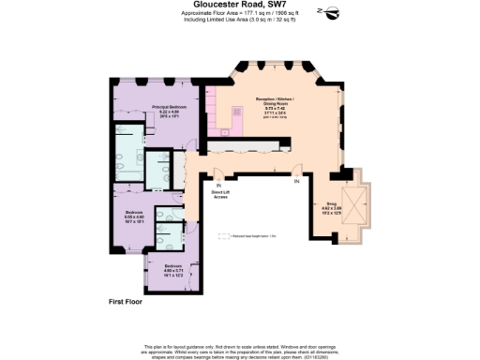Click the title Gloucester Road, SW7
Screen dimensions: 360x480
coord(239,4)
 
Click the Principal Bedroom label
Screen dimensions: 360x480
coord(170,107)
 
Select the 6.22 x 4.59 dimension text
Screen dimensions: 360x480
coord(170,112)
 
